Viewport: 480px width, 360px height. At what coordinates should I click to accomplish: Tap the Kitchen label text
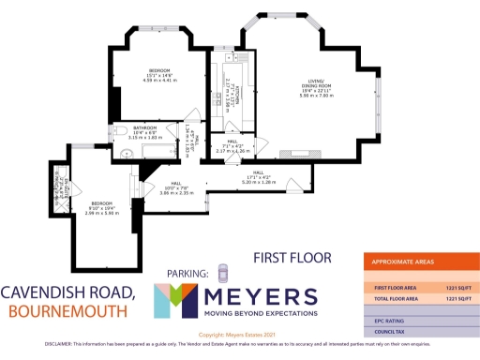[x=239, y=90]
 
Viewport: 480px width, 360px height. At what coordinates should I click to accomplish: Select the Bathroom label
[x=144, y=127]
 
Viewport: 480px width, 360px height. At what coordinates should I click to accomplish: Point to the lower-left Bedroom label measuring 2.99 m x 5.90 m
[x=101, y=202]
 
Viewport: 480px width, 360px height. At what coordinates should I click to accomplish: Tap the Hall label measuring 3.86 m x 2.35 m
[x=175, y=184]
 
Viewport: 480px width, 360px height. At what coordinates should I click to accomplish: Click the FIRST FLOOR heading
[x=283, y=256]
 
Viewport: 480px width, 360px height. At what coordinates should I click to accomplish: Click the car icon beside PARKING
[x=222, y=273]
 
